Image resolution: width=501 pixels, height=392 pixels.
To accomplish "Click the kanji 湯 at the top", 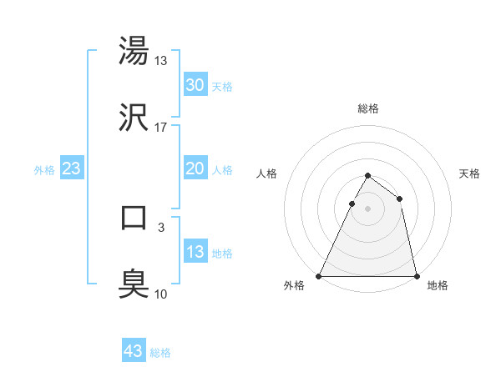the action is [134, 51].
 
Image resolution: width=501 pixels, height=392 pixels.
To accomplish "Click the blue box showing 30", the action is [195, 85].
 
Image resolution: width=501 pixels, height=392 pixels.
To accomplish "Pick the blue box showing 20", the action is [195, 168].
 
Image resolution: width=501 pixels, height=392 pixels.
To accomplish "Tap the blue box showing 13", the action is [195, 252].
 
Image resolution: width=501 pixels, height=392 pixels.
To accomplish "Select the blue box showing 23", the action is [72, 168].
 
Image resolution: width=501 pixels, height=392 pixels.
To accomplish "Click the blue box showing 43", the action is [134, 351].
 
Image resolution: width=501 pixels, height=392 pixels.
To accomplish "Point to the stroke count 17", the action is [161, 128].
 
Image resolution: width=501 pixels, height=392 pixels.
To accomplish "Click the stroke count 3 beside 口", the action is [161, 226].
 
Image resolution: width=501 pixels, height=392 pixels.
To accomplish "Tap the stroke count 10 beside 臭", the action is [161, 293].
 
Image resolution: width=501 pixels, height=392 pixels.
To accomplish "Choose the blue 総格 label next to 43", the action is [160, 353].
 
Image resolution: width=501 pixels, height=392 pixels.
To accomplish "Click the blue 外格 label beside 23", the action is [44, 170].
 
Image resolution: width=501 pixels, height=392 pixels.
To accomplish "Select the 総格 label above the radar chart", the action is [367, 108].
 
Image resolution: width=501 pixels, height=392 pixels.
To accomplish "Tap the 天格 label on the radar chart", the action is [470, 173].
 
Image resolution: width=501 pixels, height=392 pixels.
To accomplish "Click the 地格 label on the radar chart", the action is [438, 286].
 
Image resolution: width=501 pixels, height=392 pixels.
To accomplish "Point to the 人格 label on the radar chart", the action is [267, 173].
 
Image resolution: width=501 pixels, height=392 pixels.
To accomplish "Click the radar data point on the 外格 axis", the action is [319, 276].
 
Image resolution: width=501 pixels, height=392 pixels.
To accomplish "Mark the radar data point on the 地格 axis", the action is [416, 276].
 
